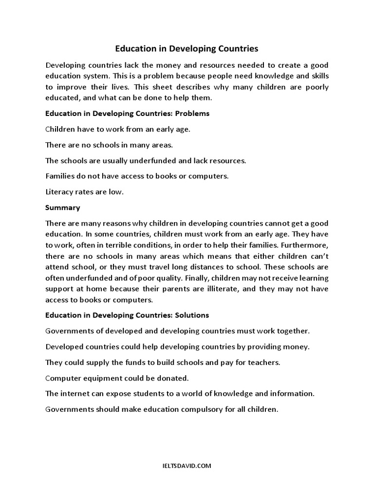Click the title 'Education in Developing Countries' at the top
click(x=187, y=49)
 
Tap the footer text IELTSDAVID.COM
click(x=187, y=466)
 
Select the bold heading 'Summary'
click(x=62, y=208)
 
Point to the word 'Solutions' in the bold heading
click(x=192, y=315)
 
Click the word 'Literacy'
click(x=60, y=192)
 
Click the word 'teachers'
click(x=264, y=363)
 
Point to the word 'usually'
click(x=117, y=161)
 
